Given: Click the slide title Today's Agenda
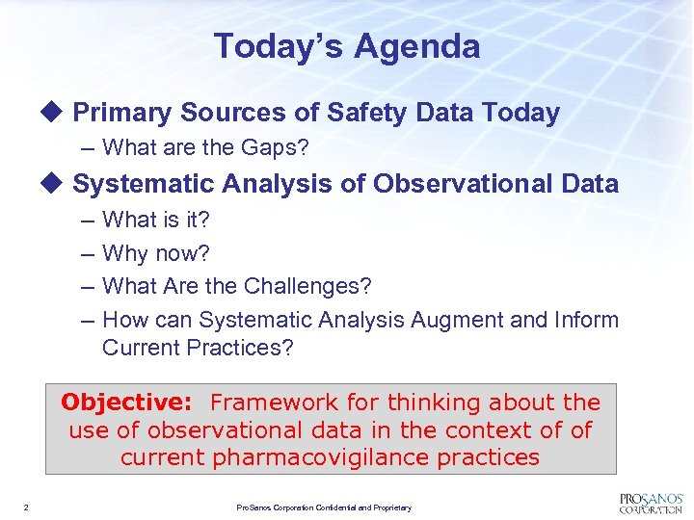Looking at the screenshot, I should tap(346, 45).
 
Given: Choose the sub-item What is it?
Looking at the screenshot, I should tap(155, 220).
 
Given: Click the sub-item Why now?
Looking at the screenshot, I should tap(155, 253).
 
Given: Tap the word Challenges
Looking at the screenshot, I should tap(307, 286).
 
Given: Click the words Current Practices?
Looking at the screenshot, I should tap(197, 348).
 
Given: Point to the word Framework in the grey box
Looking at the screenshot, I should tap(275, 402).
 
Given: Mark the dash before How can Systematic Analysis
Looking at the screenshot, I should tap(85, 320).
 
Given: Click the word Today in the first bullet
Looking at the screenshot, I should tap(520, 113).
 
